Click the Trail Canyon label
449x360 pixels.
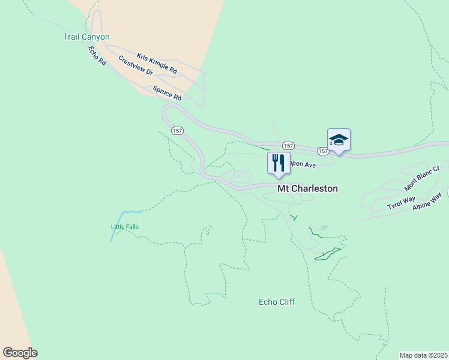86,37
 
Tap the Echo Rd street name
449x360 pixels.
97,56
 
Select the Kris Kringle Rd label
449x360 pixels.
157,64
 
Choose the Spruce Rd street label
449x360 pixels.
167,92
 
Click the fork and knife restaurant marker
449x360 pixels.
279,164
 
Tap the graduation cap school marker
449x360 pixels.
339,140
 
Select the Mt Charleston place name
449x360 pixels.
307,188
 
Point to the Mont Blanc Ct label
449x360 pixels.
422,179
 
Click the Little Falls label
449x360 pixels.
125,227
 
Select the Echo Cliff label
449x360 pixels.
276,302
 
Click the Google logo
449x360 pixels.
20,353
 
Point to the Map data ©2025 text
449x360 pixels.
423,355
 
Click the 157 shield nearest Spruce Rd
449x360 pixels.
177,130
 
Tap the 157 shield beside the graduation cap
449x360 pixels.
323,151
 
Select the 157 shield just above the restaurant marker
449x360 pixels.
288,146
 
